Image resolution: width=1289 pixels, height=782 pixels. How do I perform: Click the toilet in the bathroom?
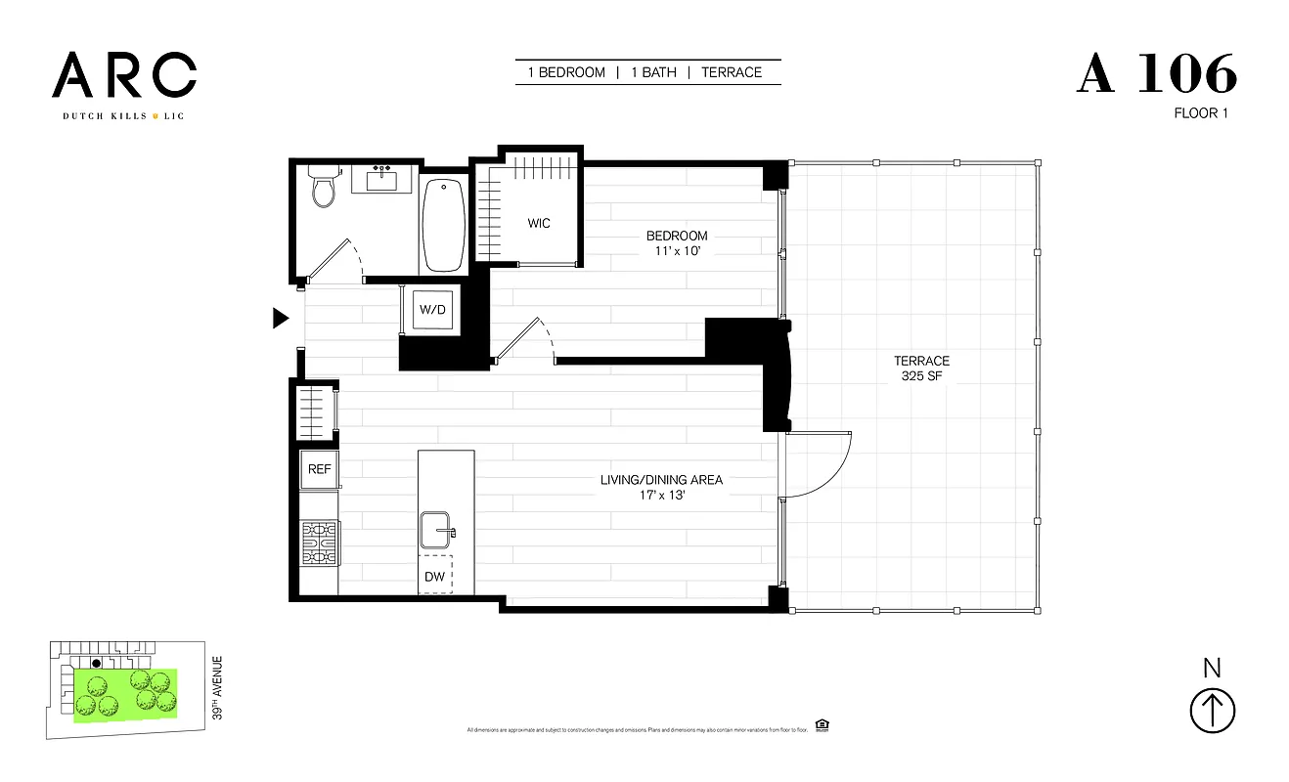click(x=323, y=187)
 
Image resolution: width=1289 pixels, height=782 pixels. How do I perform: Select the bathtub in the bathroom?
click(x=444, y=225)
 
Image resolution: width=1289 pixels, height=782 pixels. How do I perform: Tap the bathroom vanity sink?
click(x=380, y=180)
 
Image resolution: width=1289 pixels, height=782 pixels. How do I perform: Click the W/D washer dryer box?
click(x=432, y=310)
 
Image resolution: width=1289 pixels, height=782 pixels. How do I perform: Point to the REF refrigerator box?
click(x=320, y=469)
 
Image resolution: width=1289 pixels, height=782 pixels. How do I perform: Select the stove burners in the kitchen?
click(x=320, y=543)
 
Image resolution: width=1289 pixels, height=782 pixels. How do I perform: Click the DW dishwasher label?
click(x=435, y=577)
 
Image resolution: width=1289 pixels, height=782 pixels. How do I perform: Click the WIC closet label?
click(x=539, y=223)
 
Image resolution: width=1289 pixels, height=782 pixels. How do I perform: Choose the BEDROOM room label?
click(x=676, y=236)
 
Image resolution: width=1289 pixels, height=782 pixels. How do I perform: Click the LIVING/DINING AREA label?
click(x=662, y=480)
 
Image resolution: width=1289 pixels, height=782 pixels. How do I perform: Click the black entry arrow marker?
click(x=281, y=318)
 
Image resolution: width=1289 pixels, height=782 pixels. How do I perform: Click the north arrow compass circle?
click(x=1212, y=711)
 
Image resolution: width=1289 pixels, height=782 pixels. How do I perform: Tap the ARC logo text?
click(x=124, y=76)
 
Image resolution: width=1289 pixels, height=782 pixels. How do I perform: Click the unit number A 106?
click(x=1157, y=74)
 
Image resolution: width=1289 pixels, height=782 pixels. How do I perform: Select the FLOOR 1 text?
click(x=1201, y=113)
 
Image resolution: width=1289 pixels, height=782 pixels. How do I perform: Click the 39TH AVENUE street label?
click(x=217, y=688)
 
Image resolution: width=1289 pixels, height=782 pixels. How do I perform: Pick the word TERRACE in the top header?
click(x=732, y=72)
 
